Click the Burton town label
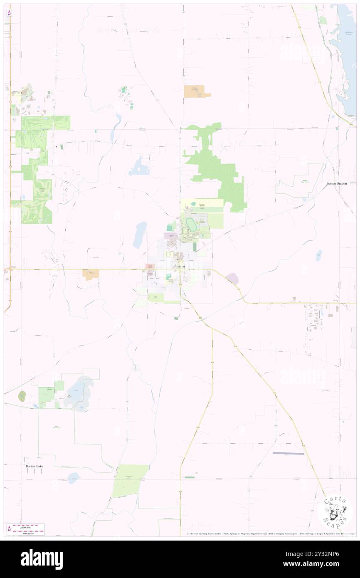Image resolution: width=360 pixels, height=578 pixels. [180, 266]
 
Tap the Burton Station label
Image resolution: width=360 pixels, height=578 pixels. [336, 183]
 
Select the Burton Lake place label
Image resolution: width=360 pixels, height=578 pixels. [34, 466]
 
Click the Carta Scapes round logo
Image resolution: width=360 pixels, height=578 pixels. [335, 512]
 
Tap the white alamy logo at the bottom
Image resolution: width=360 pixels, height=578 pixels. [42, 559]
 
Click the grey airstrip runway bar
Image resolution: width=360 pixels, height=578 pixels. [288, 453]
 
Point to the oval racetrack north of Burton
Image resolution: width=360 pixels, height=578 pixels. [192, 225]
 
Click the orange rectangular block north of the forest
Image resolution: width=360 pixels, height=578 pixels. [195, 91]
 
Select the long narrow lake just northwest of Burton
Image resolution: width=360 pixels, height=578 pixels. [140, 235]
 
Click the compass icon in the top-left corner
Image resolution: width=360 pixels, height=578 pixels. [9, 13]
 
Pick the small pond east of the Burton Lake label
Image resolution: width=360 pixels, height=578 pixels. [74, 476]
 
